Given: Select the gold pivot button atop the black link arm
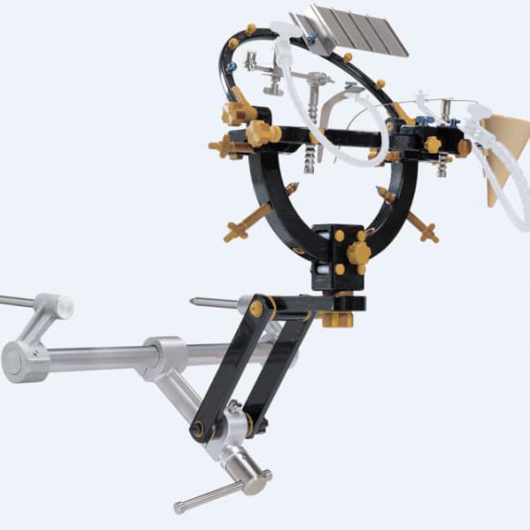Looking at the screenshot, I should pyautogui.click(x=257, y=308).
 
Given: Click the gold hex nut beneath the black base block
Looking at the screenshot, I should pyautogui.click(x=337, y=318).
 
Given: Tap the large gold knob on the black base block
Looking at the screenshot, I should pyautogui.click(x=358, y=254).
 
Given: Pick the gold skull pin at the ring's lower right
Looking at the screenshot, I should pyautogui.click(x=423, y=227).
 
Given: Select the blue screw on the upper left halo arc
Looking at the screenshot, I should pyautogui.click(x=232, y=67).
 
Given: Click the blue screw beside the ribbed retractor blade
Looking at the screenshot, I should pyautogui.click(x=311, y=38).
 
